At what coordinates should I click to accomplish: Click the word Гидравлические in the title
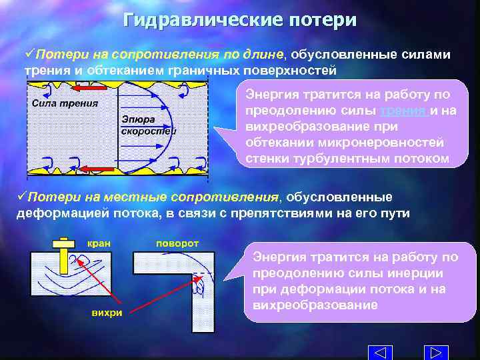pyautogui.click(x=203, y=20)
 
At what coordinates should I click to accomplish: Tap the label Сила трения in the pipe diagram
pyautogui.click(x=65, y=103)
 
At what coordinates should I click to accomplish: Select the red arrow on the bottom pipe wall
pyautogui.click(x=100, y=169)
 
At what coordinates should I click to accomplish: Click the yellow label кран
pyautogui.click(x=99, y=244)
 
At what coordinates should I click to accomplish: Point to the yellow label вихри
pyautogui.click(x=107, y=313)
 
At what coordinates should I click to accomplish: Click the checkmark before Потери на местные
pyautogui.click(x=21, y=197)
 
